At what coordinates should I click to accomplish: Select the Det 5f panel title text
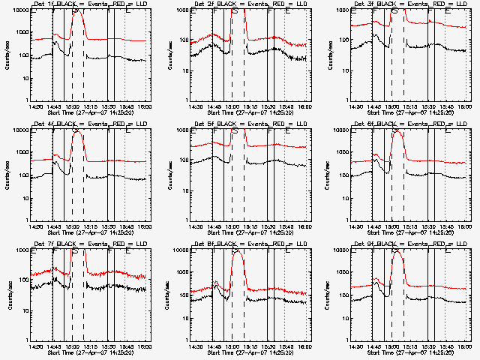[x=251, y=124]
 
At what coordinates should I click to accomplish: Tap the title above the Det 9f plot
[x=412, y=244]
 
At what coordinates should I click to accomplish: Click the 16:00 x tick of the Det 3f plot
[x=465, y=106]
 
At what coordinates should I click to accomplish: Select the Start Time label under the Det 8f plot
[x=251, y=352]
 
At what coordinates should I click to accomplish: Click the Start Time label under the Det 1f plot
[x=91, y=112]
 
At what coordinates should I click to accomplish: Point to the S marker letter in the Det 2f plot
[x=235, y=13]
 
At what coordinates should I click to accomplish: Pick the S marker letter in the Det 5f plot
[x=235, y=133]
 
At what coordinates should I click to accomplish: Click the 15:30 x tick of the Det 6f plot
[x=428, y=226]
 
